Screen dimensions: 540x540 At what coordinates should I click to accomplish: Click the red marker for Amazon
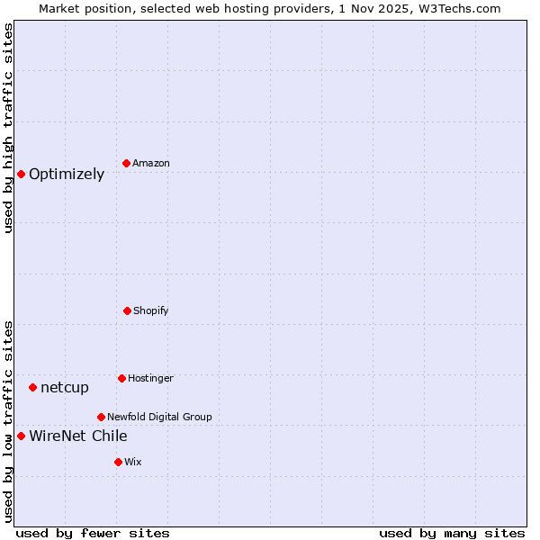point(126,163)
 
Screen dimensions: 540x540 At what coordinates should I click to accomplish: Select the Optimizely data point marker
point(21,174)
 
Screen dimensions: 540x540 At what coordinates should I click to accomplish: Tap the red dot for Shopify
point(127,310)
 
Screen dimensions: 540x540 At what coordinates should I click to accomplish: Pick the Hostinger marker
point(121,378)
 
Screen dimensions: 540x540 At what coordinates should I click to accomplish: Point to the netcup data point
point(32,387)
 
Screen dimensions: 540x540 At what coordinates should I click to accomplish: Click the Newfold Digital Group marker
point(101,417)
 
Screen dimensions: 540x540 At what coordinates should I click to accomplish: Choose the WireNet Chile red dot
point(21,436)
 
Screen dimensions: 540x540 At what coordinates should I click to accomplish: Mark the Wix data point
point(118,462)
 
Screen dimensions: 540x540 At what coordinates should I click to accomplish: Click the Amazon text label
point(151,163)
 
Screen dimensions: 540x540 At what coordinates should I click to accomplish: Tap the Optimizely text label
point(67,175)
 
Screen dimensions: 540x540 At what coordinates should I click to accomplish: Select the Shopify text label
point(151,310)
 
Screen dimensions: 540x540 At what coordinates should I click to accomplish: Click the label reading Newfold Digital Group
point(159,417)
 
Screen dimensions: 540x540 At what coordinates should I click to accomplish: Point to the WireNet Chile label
point(78,436)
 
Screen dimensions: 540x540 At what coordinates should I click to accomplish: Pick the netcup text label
point(65,388)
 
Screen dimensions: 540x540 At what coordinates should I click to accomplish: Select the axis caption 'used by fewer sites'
point(93,533)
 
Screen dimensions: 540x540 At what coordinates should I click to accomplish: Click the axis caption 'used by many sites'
point(452,533)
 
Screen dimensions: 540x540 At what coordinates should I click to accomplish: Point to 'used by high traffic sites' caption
point(9,128)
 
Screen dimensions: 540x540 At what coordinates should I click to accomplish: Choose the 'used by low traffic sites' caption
point(9,420)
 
